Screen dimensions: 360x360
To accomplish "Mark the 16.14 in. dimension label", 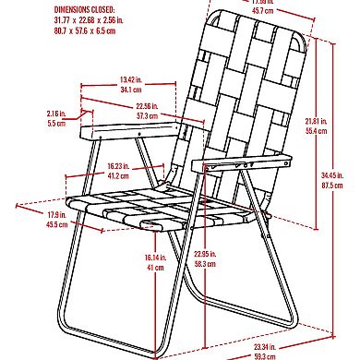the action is click(153, 258).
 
